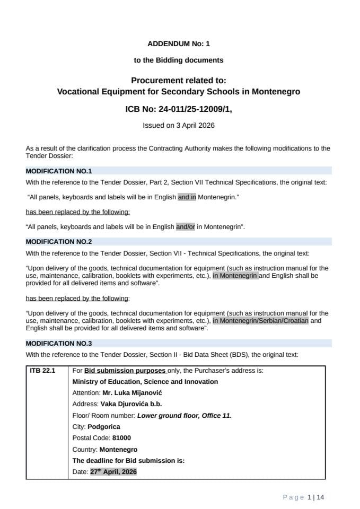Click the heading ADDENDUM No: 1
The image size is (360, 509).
[179, 44]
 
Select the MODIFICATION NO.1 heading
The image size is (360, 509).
[59, 171]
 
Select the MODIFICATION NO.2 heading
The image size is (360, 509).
[59, 242]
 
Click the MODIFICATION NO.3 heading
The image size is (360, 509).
[59, 343]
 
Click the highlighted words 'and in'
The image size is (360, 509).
[187, 197]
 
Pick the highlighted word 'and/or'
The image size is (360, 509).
[186, 227]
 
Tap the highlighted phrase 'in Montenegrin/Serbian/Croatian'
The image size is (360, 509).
[260, 320]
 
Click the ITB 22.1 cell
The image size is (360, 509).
[42, 371]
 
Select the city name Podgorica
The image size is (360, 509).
[104, 427]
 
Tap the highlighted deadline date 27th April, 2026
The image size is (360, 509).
[113, 472]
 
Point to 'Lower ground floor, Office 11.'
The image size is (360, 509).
[185, 416]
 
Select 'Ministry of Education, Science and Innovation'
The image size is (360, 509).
[145, 382]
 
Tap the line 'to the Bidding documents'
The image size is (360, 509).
[179, 60]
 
